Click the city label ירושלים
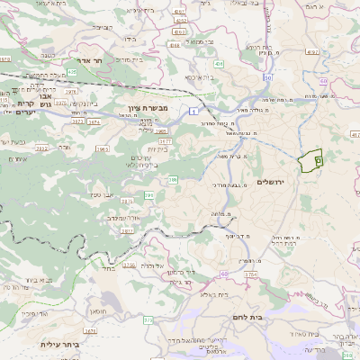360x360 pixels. click(270, 182)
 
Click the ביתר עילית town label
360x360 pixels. click(60, 343)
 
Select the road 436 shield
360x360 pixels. click(219, 64)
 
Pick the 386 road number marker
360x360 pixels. click(173, 180)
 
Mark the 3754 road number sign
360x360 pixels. click(250, 274)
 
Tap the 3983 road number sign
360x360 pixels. click(103, 148)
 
